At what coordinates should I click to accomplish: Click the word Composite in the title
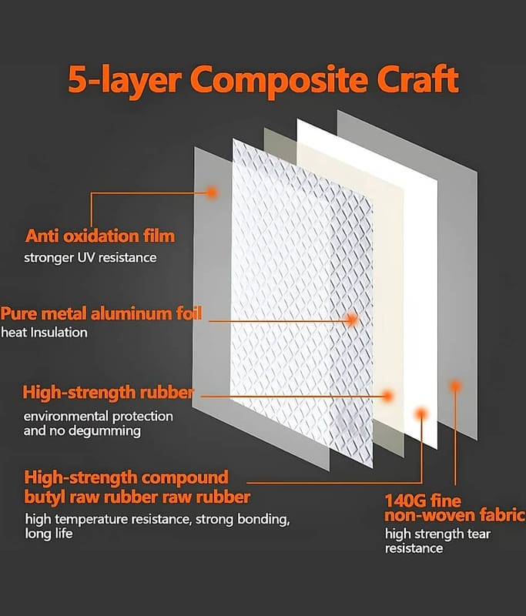click(x=280, y=80)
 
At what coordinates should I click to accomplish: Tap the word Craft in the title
click(x=417, y=79)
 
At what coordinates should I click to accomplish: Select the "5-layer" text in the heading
click(x=125, y=81)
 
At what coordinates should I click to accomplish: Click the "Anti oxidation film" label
click(x=100, y=236)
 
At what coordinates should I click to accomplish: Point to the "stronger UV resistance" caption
click(x=90, y=258)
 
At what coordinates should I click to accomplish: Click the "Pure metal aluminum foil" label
click(x=101, y=314)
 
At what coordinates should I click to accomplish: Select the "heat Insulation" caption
click(x=44, y=333)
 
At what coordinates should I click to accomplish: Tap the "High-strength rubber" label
click(x=108, y=393)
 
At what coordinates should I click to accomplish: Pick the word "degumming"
click(x=106, y=431)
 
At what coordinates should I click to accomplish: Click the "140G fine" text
click(x=423, y=501)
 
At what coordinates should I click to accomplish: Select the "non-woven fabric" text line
click(x=455, y=515)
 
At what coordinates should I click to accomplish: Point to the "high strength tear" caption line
click(x=438, y=534)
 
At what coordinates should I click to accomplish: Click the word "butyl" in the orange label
click(x=45, y=497)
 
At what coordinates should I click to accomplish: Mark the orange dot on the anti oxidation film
click(x=212, y=192)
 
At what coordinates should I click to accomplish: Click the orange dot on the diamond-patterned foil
click(x=353, y=320)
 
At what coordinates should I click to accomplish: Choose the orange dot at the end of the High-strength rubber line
click(x=387, y=396)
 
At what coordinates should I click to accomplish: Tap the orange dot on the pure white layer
click(x=421, y=413)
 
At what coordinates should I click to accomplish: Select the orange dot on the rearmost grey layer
click(x=455, y=387)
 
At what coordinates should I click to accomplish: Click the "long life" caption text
click(x=49, y=534)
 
